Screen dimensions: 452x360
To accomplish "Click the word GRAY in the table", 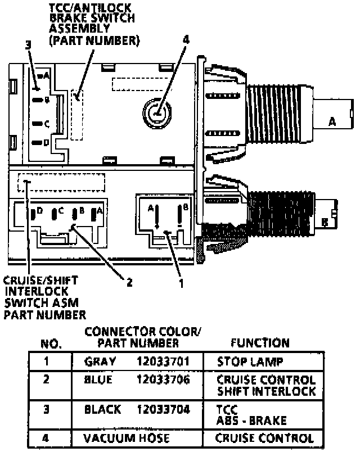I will tap(100, 361).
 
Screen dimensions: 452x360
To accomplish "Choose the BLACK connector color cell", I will tap(102, 409).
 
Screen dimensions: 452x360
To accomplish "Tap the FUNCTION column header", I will tap(260, 342).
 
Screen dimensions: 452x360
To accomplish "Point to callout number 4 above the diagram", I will tap(186, 40).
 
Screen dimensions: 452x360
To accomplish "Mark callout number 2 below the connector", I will tap(129, 283).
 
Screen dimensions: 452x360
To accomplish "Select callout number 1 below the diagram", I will tap(181, 283).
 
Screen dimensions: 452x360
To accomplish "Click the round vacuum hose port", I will tap(156, 112).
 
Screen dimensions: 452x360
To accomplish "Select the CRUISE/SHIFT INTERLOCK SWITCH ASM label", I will tap(45, 297).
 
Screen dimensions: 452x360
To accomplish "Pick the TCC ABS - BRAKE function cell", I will tap(251, 415).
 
